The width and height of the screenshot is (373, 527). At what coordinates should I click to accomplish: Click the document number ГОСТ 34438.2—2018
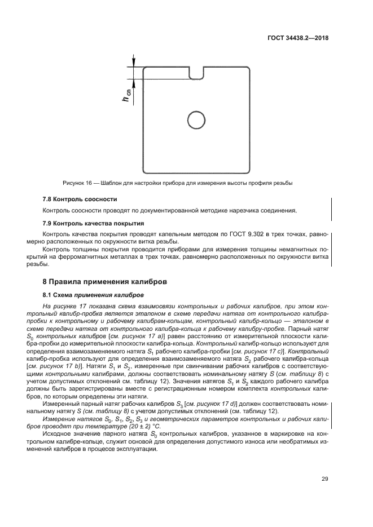pyautogui.click(x=298, y=39)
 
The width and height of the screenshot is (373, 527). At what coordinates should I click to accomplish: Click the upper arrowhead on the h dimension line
pyautogui.click(x=133, y=63)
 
